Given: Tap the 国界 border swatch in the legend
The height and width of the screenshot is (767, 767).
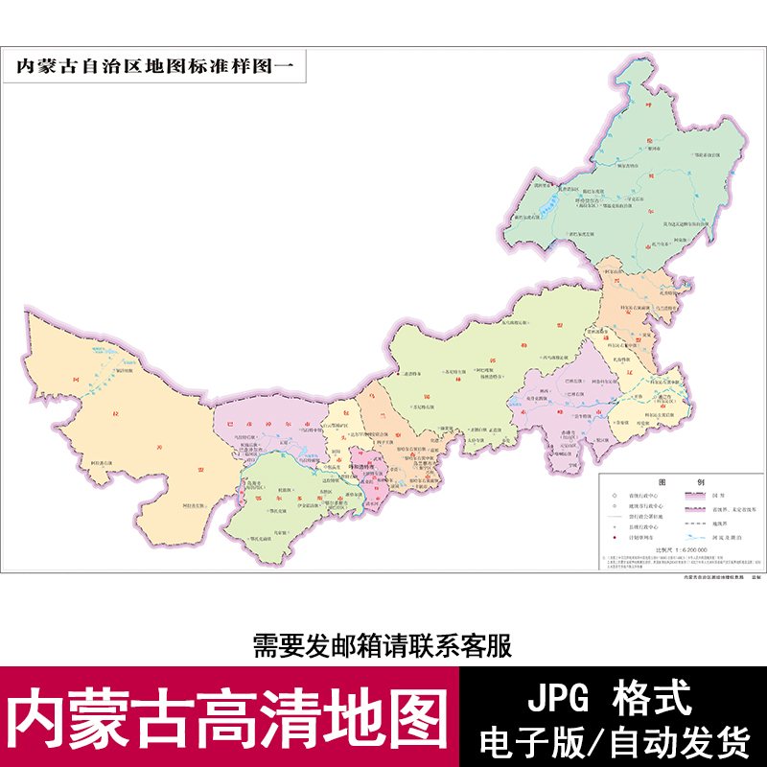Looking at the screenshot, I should pos(698,497).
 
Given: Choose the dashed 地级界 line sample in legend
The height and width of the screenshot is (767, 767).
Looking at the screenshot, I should pos(698,524).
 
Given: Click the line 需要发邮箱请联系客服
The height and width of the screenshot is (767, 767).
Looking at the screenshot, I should pos(383,645).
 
